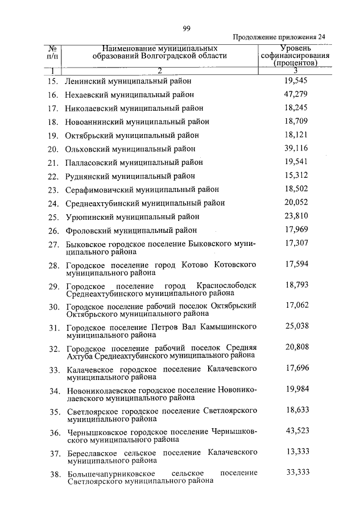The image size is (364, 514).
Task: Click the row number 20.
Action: [x=53, y=149]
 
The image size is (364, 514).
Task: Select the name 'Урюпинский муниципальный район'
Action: [x=132, y=217]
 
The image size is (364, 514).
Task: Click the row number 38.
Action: [x=54, y=474]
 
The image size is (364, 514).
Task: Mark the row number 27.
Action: [x=54, y=245]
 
